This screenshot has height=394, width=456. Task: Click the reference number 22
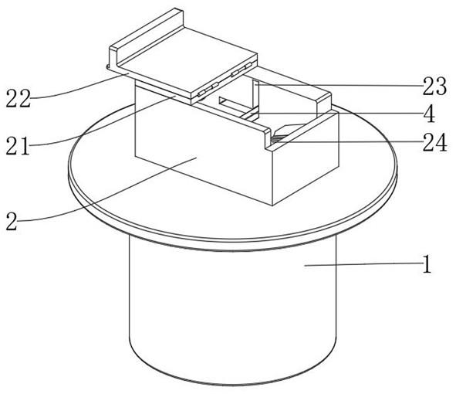click(18, 98)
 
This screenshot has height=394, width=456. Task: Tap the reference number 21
click(18, 145)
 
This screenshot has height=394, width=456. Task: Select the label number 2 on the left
click(12, 222)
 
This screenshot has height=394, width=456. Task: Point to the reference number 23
click(434, 87)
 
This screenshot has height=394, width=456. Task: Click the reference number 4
click(429, 114)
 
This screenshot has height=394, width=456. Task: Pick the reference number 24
click(434, 142)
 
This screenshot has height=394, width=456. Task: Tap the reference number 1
click(427, 264)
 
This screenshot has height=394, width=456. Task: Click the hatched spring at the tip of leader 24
click(279, 139)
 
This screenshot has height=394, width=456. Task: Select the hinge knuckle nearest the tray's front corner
click(201, 93)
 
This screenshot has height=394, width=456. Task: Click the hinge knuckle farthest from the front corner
click(248, 66)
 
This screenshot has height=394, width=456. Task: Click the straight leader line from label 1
click(363, 264)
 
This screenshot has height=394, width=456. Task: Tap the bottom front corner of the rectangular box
click(272, 205)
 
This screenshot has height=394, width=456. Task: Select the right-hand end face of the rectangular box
click(306, 158)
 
